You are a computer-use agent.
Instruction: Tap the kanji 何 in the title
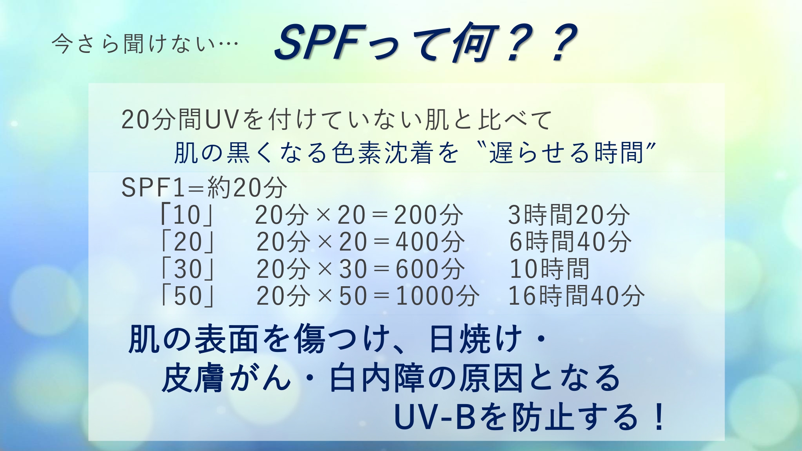(x=475, y=42)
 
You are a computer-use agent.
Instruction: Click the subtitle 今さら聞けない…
(x=145, y=44)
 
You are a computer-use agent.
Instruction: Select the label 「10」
(x=187, y=215)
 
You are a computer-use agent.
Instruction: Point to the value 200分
(x=429, y=215)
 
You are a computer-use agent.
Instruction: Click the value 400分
(x=430, y=242)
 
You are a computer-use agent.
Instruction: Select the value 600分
(x=430, y=269)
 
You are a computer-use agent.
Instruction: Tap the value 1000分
(x=437, y=296)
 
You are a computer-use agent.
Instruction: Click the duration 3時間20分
(x=569, y=215)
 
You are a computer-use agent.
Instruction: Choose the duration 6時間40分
(x=570, y=242)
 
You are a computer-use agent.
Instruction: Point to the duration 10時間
(x=549, y=269)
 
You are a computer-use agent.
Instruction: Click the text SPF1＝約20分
(x=205, y=187)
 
